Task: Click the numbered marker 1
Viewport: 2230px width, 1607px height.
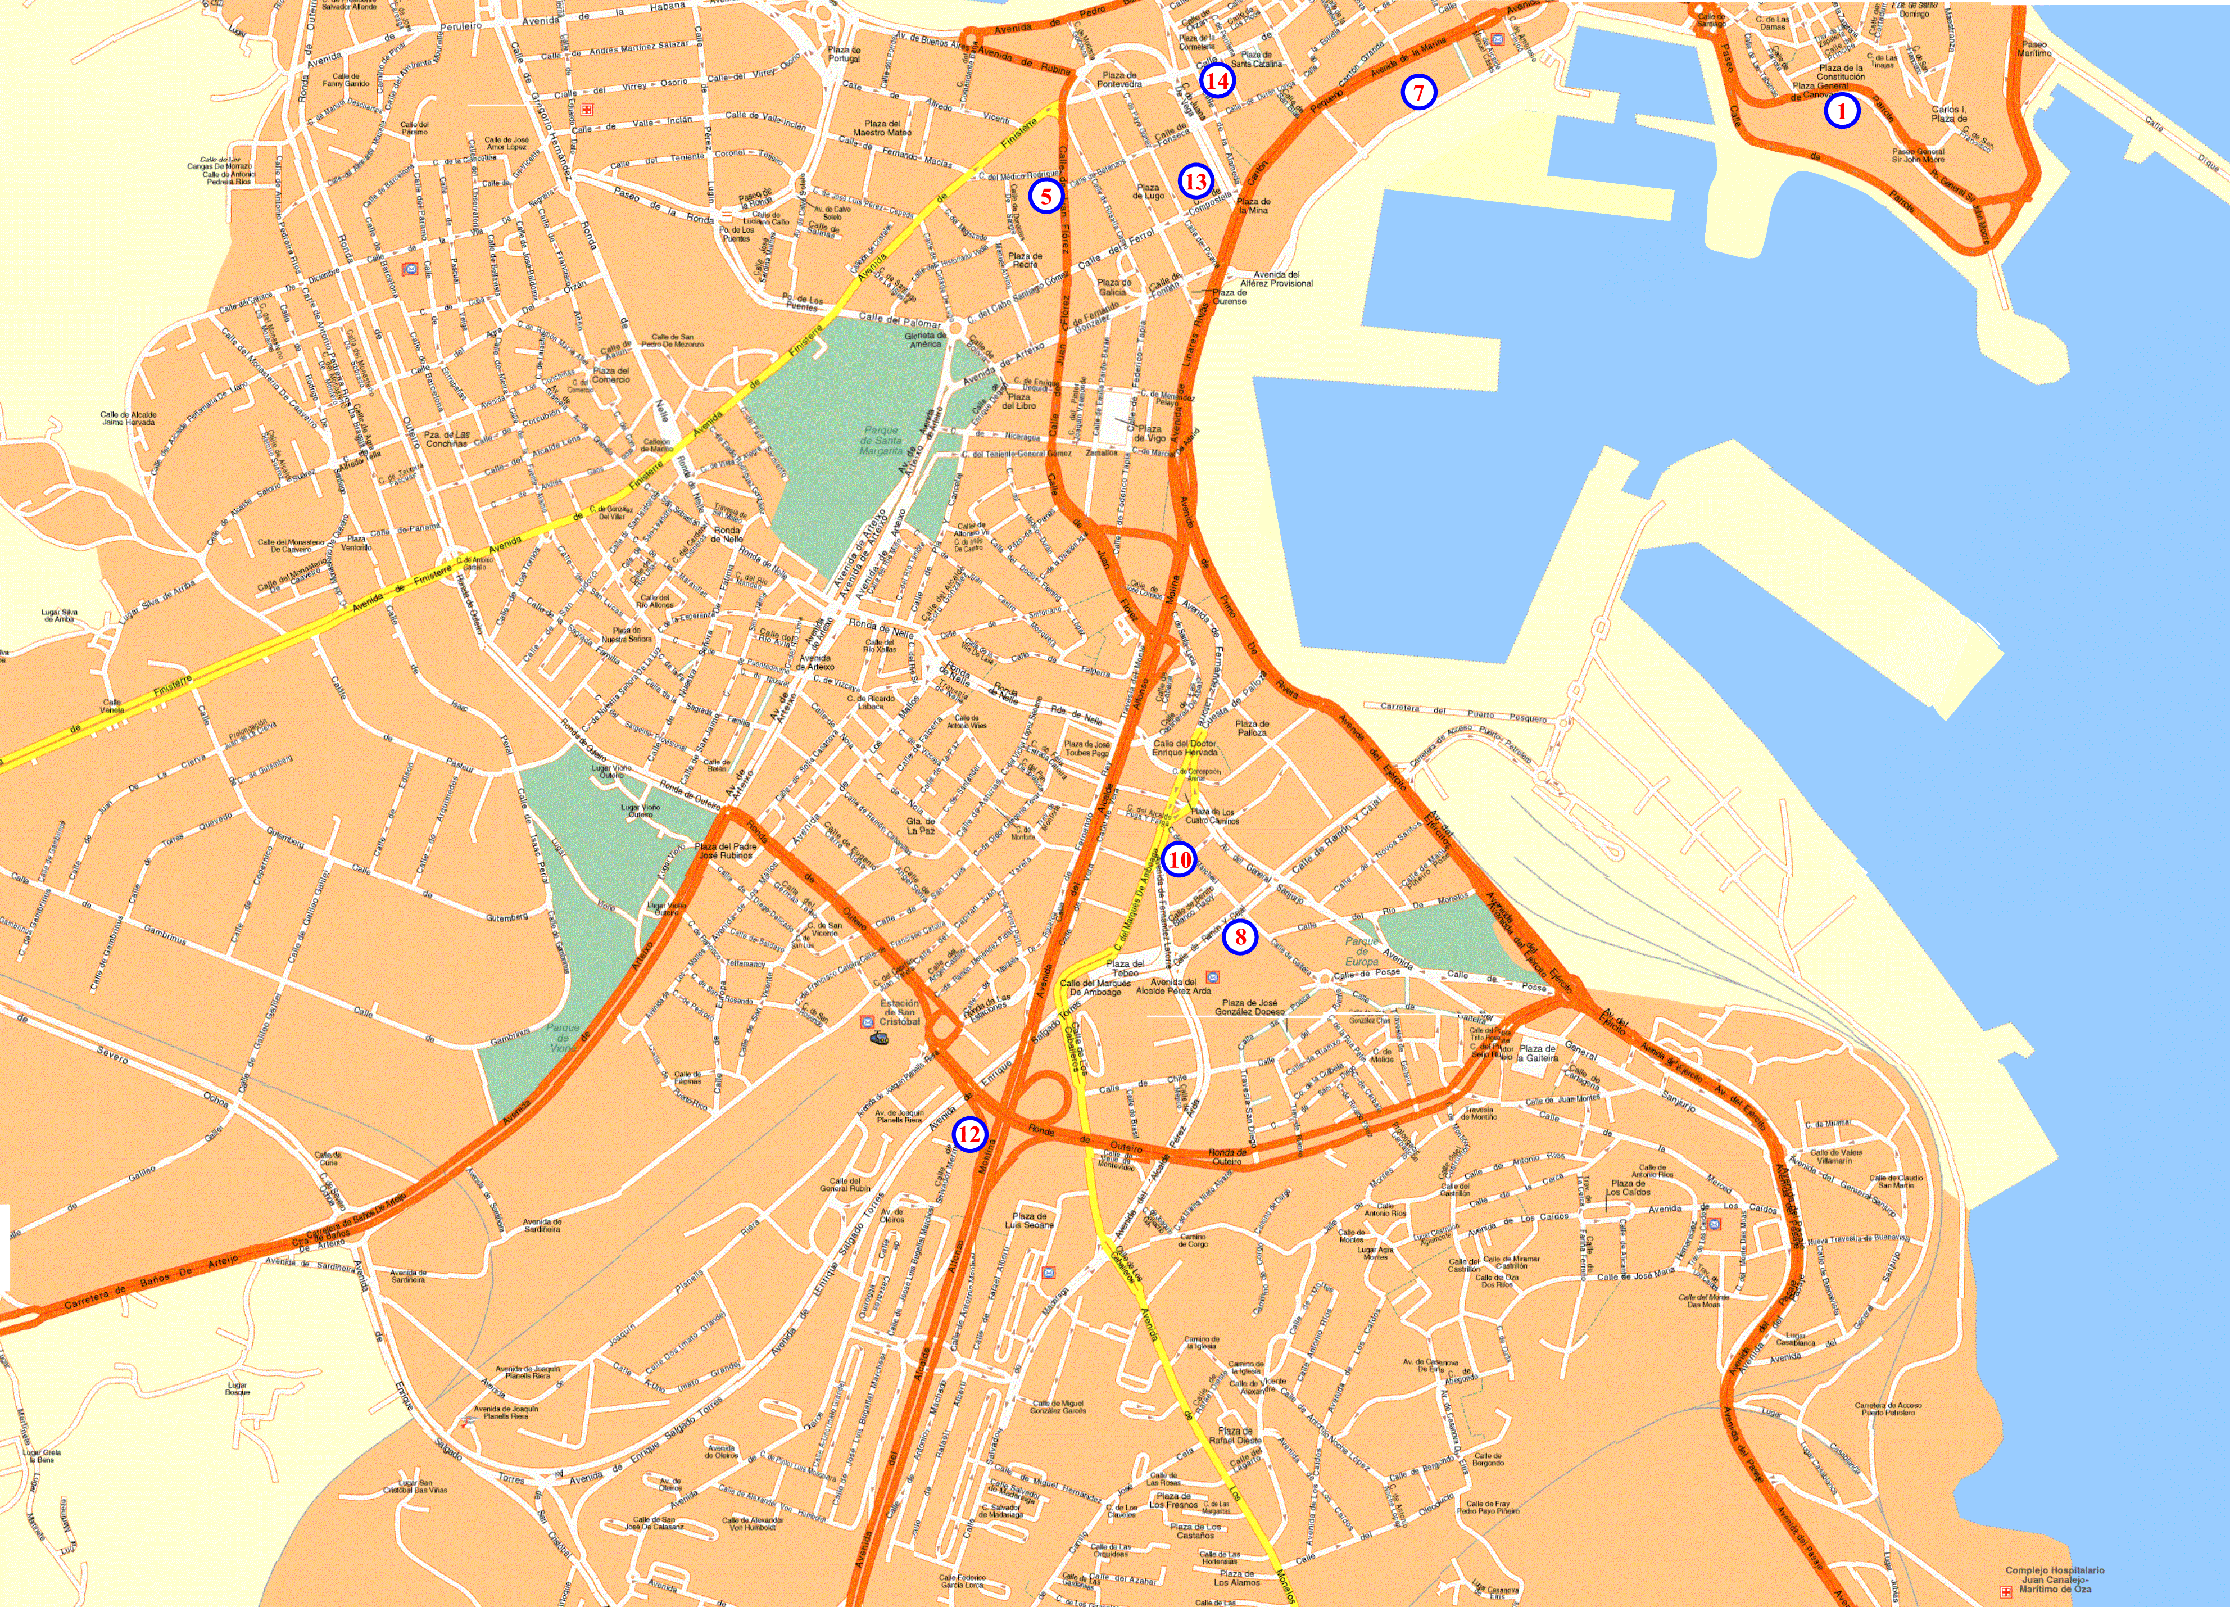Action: coord(1842,111)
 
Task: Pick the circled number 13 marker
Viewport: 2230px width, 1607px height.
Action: coord(1195,181)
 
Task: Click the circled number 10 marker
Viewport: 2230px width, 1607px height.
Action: coord(1179,859)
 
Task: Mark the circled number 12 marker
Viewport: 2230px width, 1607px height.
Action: coord(968,1134)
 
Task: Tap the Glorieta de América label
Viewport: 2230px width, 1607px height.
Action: coord(925,339)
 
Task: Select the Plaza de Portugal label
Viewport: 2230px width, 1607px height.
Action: coord(844,54)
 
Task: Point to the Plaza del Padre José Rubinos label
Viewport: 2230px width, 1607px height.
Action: coord(726,850)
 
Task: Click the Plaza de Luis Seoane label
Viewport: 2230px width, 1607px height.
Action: coord(1030,1220)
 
